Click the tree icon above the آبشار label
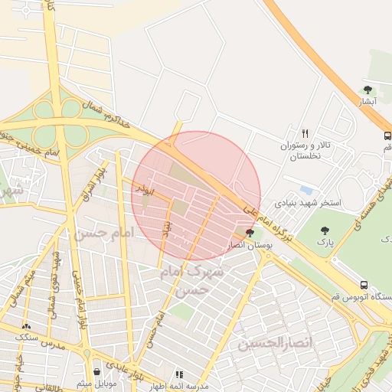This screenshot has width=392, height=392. tap(367, 90)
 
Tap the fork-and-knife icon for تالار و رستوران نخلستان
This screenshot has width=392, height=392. tap(305, 132)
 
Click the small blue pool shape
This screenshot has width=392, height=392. tap(307, 189)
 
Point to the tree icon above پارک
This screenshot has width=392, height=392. tap(325, 230)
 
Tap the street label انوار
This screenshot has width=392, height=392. tap(141, 187)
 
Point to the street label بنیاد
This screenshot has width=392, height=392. tap(166, 227)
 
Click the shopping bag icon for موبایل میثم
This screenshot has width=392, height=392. tap(96, 371)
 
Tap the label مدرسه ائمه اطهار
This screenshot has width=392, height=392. tap(180, 384)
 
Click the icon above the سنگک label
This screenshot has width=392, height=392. tap(28, 325)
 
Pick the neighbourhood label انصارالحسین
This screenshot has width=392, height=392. tap(275, 342)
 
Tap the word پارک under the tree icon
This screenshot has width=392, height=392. tap(326, 243)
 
